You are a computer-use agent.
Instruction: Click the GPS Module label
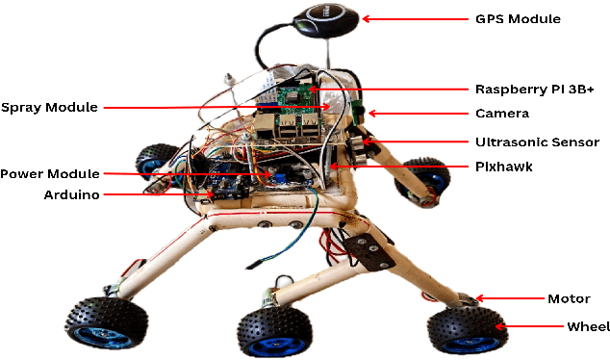click(518, 18)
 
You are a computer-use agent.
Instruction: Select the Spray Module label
click(49, 107)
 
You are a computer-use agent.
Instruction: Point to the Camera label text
click(501, 114)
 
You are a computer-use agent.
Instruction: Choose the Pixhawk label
click(504, 166)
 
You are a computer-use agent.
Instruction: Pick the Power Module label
click(49, 173)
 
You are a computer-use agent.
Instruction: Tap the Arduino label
click(72, 194)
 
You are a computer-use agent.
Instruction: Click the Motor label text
click(569, 298)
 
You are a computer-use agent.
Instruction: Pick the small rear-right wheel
click(423, 180)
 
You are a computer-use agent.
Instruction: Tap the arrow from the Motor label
click(506, 298)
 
